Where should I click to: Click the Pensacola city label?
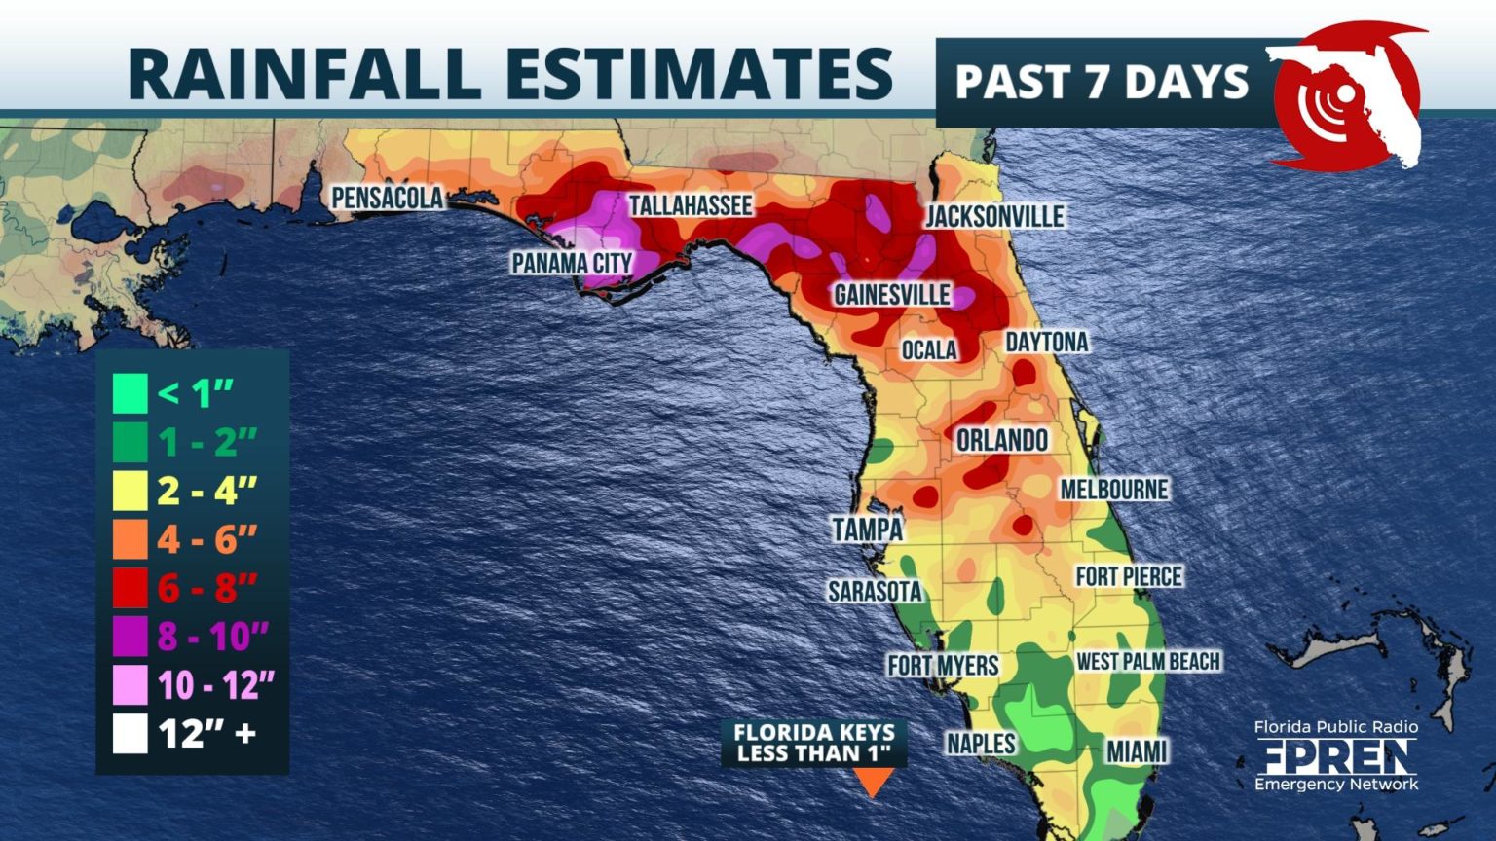pyautogui.click(x=387, y=198)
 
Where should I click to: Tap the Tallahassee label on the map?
pyautogui.click(x=690, y=205)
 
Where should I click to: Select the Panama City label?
pyautogui.click(x=572, y=263)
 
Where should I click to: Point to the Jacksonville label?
pyautogui.click(x=994, y=216)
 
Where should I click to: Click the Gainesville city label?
pyautogui.click(x=891, y=295)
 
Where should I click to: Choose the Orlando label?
pyautogui.click(x=1001, y=440)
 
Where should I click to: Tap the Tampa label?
pyautogui.click(x=867, y=530)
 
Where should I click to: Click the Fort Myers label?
pyautogui.click(x=943, y=666)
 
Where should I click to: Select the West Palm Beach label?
pyautogui.click(x=1147, y=662)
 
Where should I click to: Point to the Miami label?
pyautogui.click(x=1137, y=751)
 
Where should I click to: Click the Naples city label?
pyautogui.click(x=981, y=744)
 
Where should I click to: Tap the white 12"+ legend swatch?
pyautogui.click(x=130, y=734)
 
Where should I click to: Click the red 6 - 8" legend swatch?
pyautogui.click(x=130, y=588)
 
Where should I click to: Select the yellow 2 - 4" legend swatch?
pyautogui.click(x=130, y=491)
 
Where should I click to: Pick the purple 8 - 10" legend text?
pyautogui.click(x=212, y=637)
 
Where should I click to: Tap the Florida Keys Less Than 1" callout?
pyautogui.click(x=813, y=743)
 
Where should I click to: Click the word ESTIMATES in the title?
pyautogui.click(x=697, y=73)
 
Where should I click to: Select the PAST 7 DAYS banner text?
pyautogui.click(x=1102, y=82)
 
